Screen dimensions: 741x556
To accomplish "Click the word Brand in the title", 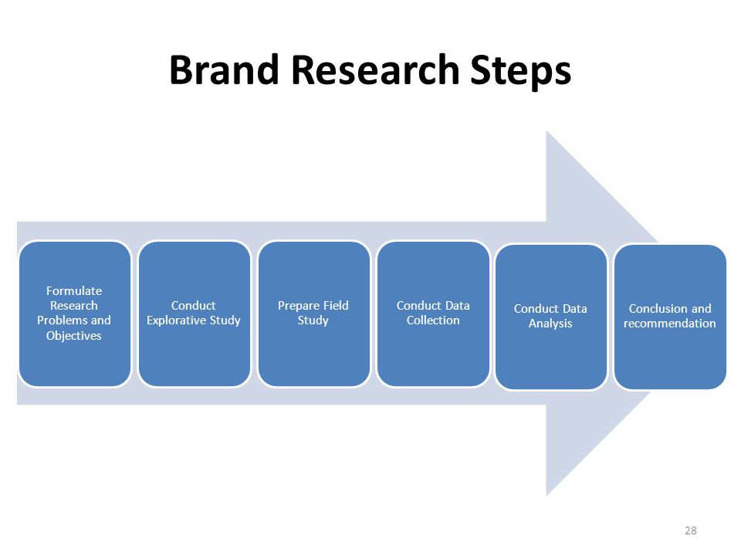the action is point(224,70).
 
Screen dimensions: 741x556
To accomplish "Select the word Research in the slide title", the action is point(376,70).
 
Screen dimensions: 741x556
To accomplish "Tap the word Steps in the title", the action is point(521,71).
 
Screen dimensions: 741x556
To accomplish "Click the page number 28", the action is point(690,531).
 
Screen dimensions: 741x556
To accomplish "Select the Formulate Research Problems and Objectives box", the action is point(75,314).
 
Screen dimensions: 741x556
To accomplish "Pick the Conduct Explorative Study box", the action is point(195,314).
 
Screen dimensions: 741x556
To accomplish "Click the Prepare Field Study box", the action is point(314,314).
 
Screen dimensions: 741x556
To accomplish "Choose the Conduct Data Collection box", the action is point(433,314).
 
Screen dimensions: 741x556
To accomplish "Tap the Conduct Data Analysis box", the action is point(551,317).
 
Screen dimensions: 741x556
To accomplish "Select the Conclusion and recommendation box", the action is point(670,317).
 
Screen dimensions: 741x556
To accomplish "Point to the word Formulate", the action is point(74,291).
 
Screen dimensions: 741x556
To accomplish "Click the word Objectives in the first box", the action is point(74,336).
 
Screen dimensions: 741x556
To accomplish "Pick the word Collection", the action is point(433,320).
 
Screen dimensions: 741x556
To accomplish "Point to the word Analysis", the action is point(550,324).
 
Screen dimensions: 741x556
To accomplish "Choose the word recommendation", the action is point(670,324).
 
